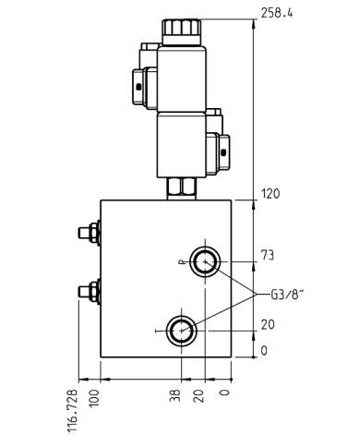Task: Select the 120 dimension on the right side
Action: (271, 194)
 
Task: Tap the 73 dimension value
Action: (269, 255)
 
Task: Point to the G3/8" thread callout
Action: (287, 295)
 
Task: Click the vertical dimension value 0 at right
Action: (264, 351)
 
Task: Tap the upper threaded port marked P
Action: (203, 262)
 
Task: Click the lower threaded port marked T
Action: (180, 328)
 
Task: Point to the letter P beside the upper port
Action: (183, 262)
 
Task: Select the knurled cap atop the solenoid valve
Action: (179, 30)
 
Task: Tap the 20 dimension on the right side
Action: (269, 324)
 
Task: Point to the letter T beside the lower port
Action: (158, 330)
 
